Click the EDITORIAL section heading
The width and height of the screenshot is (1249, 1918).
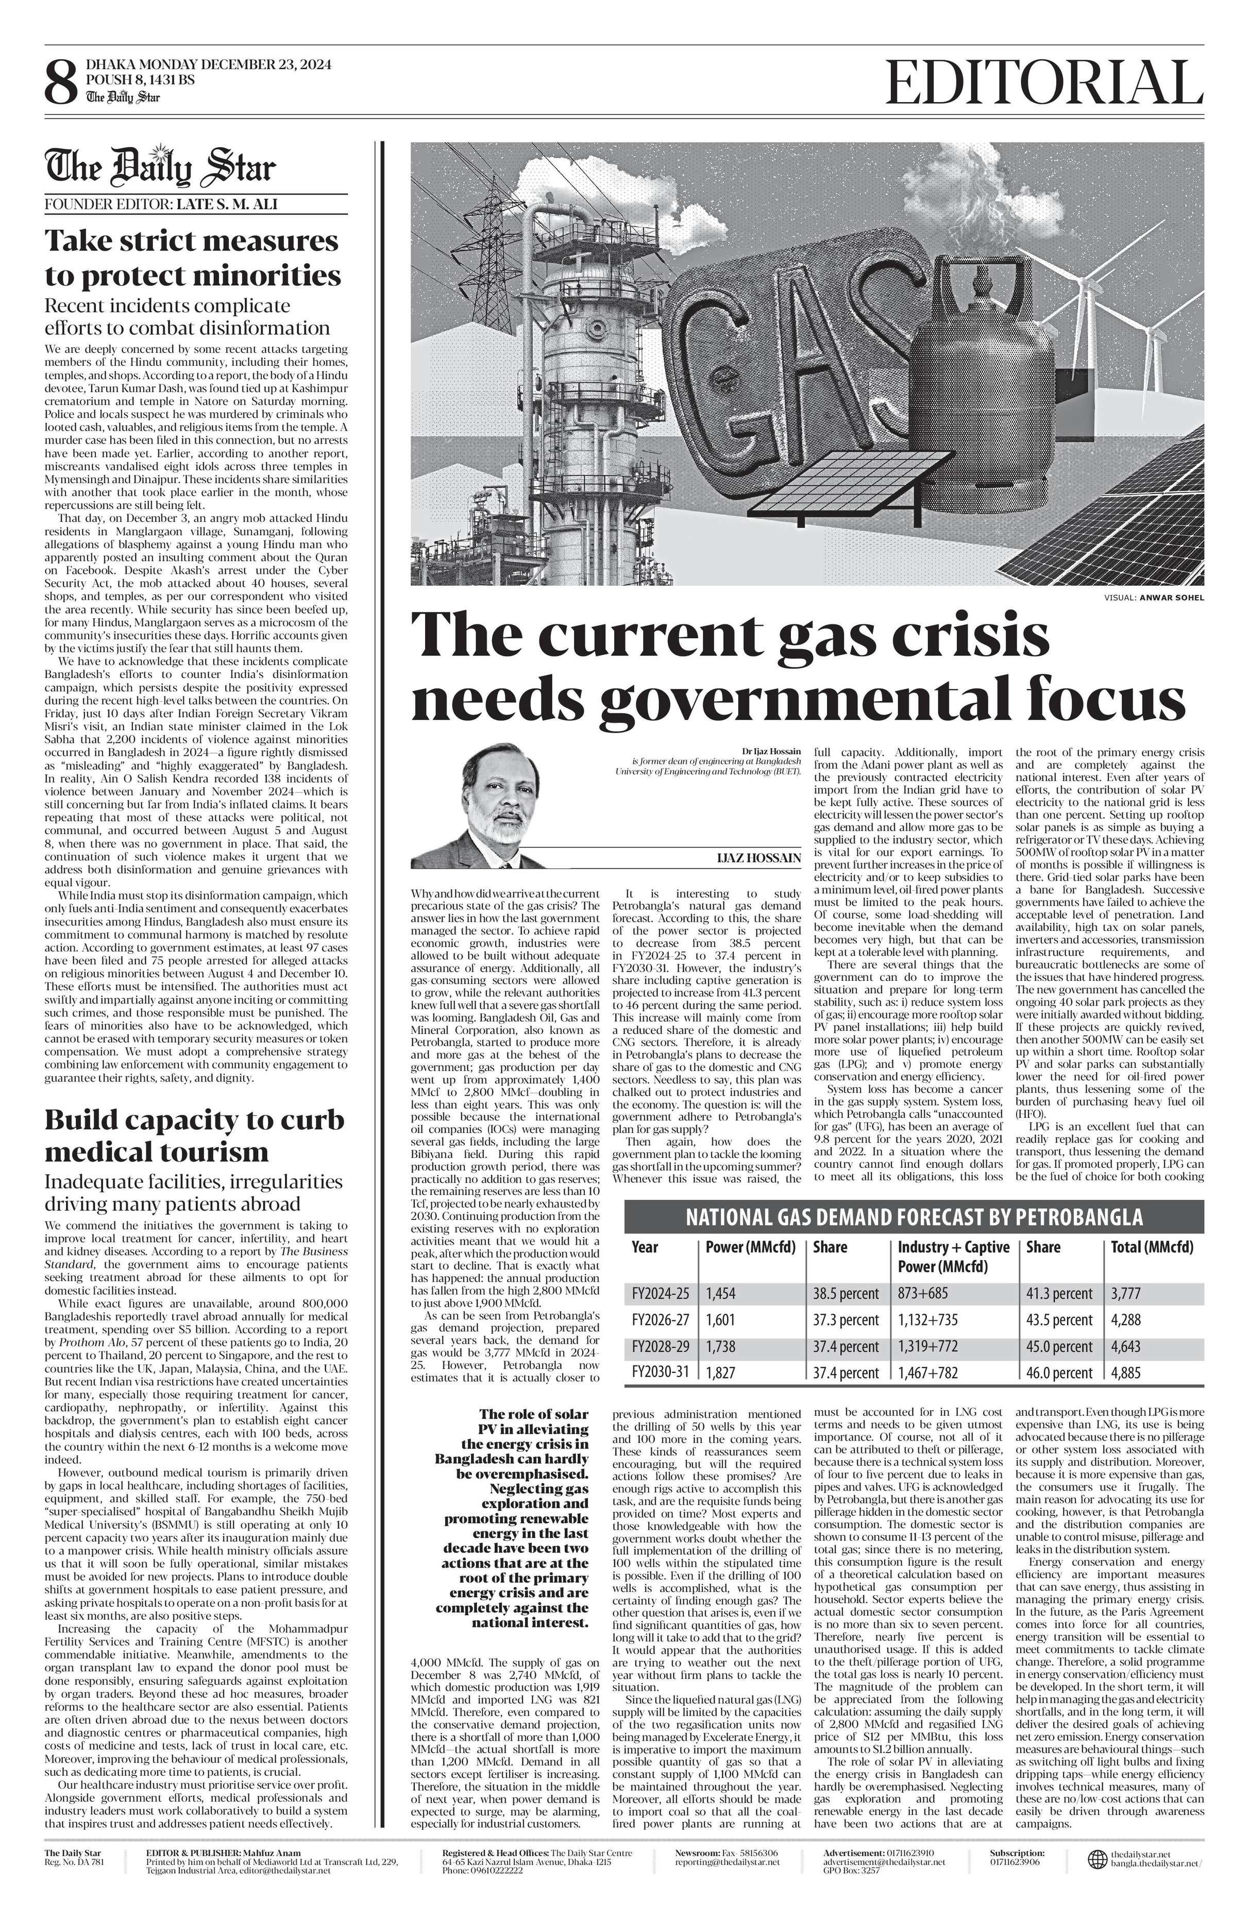click(x=1039, y=84)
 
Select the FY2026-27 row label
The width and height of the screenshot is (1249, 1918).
click(x=661, y=1320)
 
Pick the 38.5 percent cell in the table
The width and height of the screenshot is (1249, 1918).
click(x=846, y=1294)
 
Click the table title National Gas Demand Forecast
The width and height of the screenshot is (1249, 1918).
click(x=914, y=1217)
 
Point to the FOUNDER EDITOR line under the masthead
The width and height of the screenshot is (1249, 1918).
click(x=161, y=204)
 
